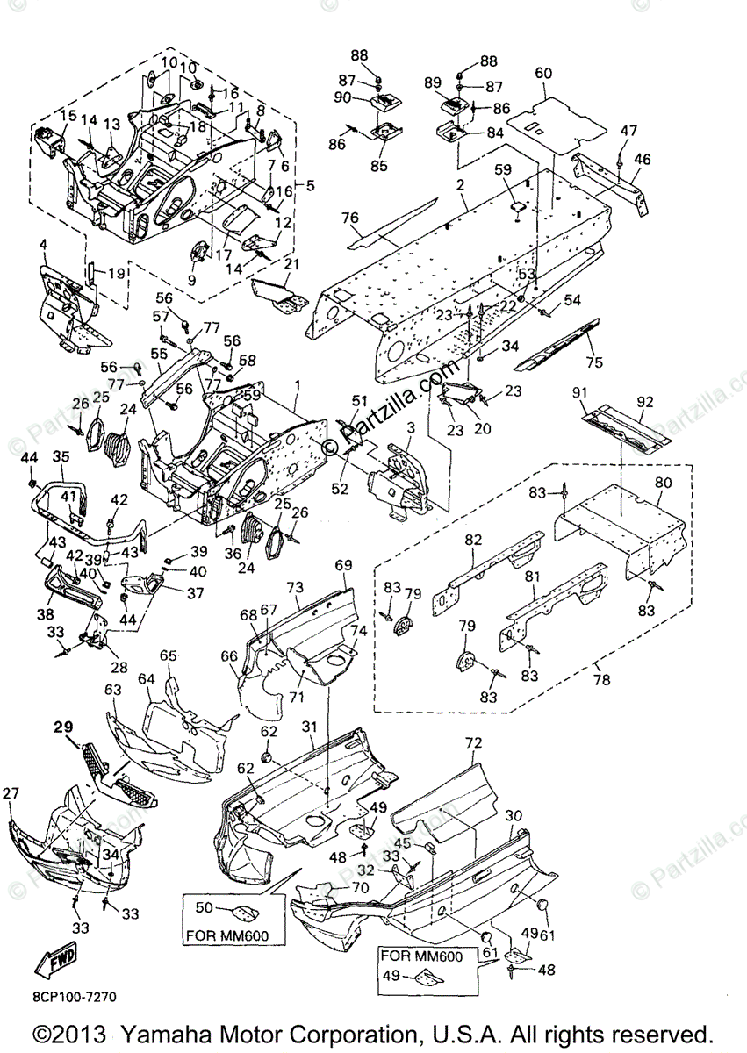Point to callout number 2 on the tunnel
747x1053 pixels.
tap(460, 187)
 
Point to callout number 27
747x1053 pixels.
tap(11, 794)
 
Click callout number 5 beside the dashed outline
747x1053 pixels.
tap(308, 185)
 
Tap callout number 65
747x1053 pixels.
tap(168, 655)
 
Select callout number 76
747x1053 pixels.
tap(350, 218)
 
